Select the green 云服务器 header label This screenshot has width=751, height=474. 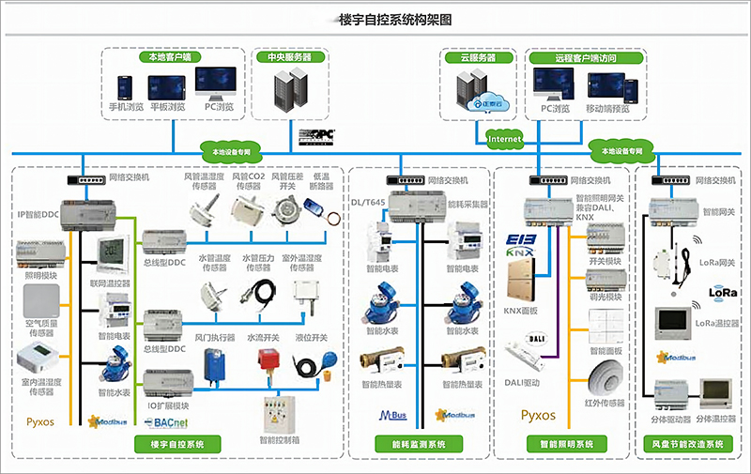(x=477, y=57)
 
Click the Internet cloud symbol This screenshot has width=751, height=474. (x=503, y=139)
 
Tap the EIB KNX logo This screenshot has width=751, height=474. (x=520, y=245)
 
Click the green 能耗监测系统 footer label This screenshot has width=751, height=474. (x=417, y=444)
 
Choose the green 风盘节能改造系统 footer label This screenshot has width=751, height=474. (x=688, y=444)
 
